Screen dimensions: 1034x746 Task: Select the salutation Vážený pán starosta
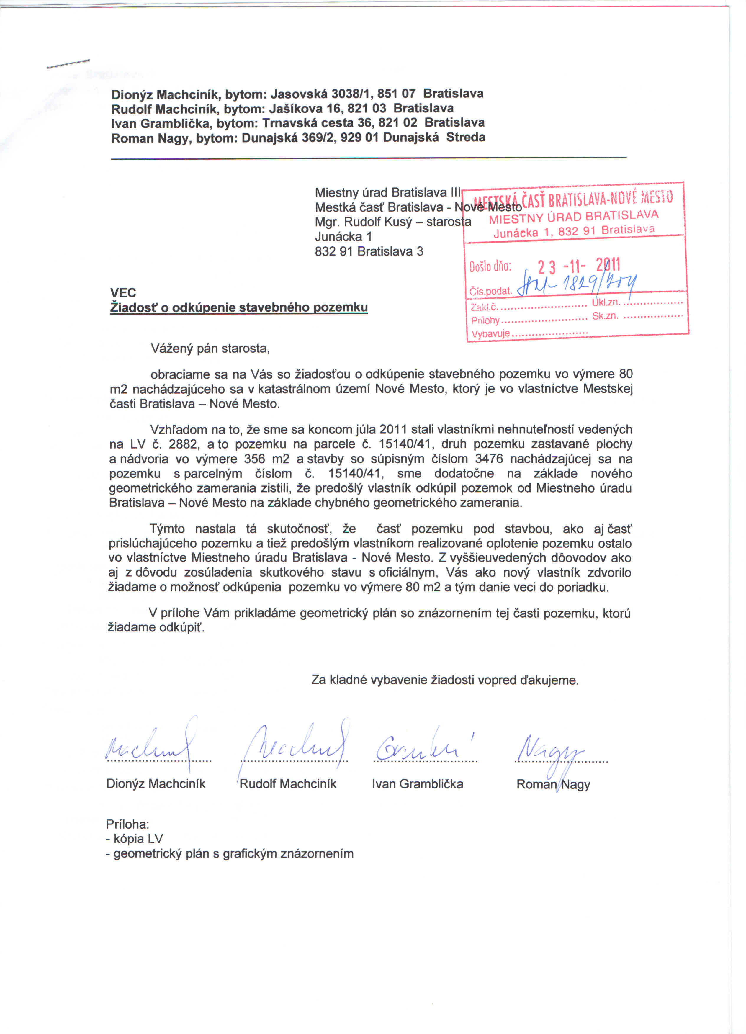click(210, 349)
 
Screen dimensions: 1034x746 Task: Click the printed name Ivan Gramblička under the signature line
click(417, 784)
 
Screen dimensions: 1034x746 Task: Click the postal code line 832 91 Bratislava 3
click(369, 251)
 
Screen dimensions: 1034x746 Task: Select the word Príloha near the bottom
click(128, 824)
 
